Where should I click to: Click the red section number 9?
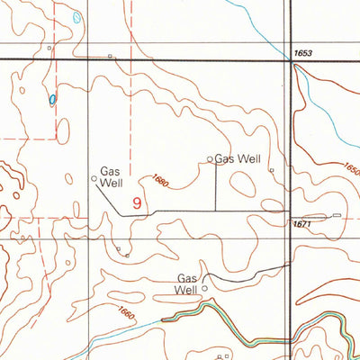coord(137,203)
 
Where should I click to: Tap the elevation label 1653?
coord(302,55)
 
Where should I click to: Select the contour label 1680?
coord(160,181)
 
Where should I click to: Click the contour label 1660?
coord(125,314)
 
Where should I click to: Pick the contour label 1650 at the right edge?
coord(351,169)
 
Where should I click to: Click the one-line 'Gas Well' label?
coord(238,159)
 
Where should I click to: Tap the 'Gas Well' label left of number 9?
coord(111,176)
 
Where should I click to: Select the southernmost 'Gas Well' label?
coord(187,283)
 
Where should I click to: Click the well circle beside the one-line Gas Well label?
coord(211,159)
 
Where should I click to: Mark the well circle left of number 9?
coord(94,178)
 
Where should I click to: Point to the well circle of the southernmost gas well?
coord(204,288)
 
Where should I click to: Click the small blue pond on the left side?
coord(53,99)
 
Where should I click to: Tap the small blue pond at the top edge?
coord(77,16)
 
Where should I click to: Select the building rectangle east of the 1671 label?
coord(337,215)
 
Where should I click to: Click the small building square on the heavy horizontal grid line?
coord(110,57)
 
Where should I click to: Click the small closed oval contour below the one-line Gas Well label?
coord(242,184)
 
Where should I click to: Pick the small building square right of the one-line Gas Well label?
coord(271,167)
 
